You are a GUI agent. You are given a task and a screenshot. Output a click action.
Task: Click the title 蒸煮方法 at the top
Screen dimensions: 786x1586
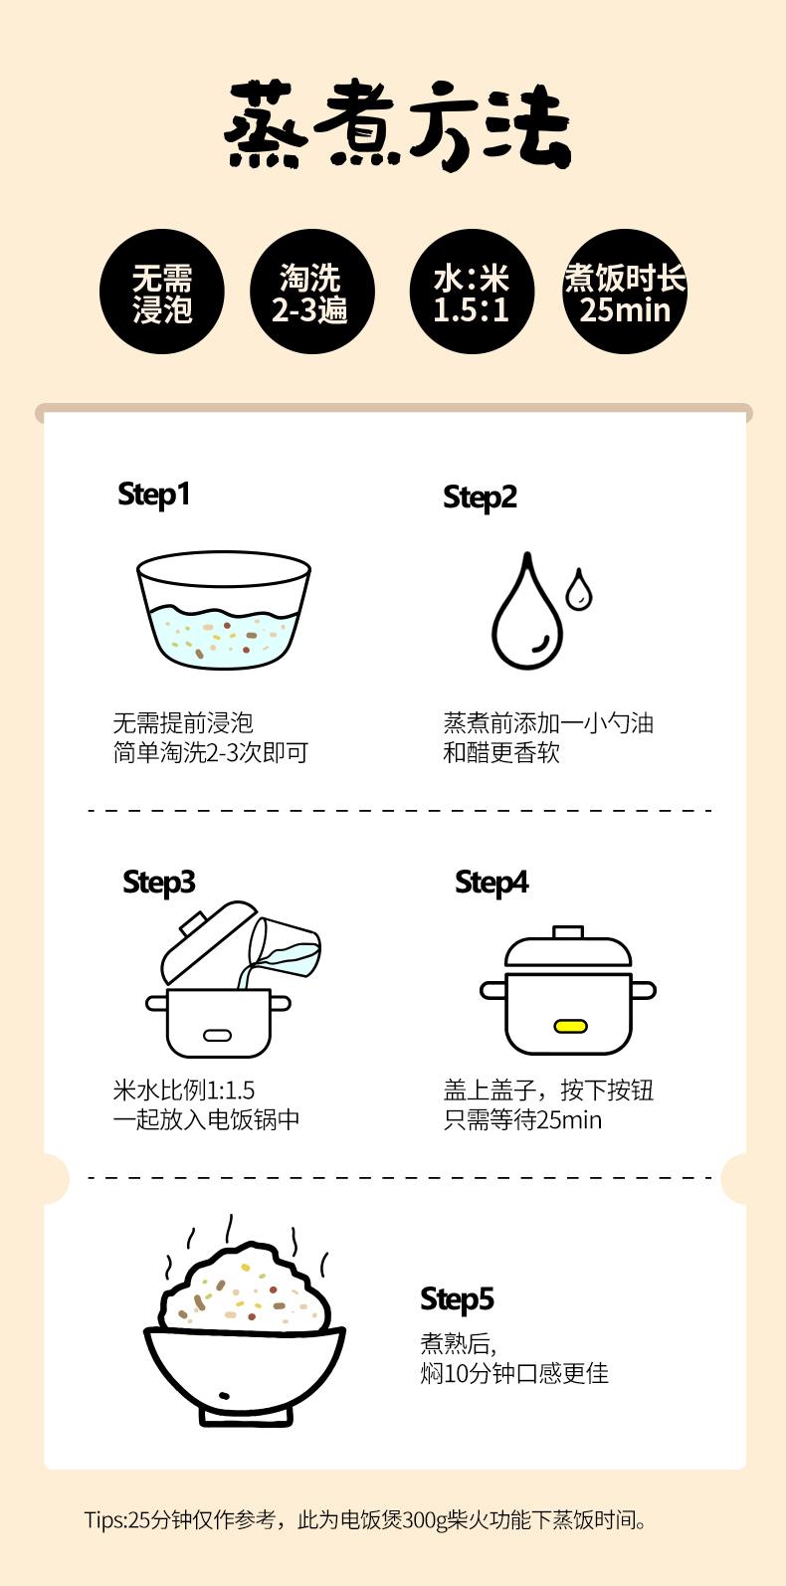click(397, 124)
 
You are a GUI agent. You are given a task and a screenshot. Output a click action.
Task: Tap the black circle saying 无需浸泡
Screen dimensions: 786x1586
click(162, 292)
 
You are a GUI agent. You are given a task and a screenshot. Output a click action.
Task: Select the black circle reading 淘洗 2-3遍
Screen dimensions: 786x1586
click(312, 292)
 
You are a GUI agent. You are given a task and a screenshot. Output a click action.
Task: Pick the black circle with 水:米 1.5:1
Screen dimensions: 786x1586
click(472, 292)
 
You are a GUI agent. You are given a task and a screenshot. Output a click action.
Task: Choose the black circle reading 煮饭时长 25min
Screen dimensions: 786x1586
click(625, 292)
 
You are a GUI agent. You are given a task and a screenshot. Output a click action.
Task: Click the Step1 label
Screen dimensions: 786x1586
click(153, 495)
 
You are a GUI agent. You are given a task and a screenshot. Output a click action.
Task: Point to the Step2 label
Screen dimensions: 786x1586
click(480, 497)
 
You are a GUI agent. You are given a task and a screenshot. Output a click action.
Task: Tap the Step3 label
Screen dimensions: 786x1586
click(158, 883)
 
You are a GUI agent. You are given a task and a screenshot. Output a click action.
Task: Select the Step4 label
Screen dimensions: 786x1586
click(491, 883)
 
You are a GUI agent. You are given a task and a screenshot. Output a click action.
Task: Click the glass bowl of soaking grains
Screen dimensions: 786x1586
click(224, 610)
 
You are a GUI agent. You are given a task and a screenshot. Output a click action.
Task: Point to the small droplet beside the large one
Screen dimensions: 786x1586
click(578, 589)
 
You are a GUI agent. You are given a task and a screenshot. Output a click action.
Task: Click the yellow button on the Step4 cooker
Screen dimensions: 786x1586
click(571, 1026)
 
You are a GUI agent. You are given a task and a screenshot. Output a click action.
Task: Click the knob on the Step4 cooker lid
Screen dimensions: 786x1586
click(568, 931)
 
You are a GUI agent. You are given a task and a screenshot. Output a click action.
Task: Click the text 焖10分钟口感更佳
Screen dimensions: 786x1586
click(514, 1374)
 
